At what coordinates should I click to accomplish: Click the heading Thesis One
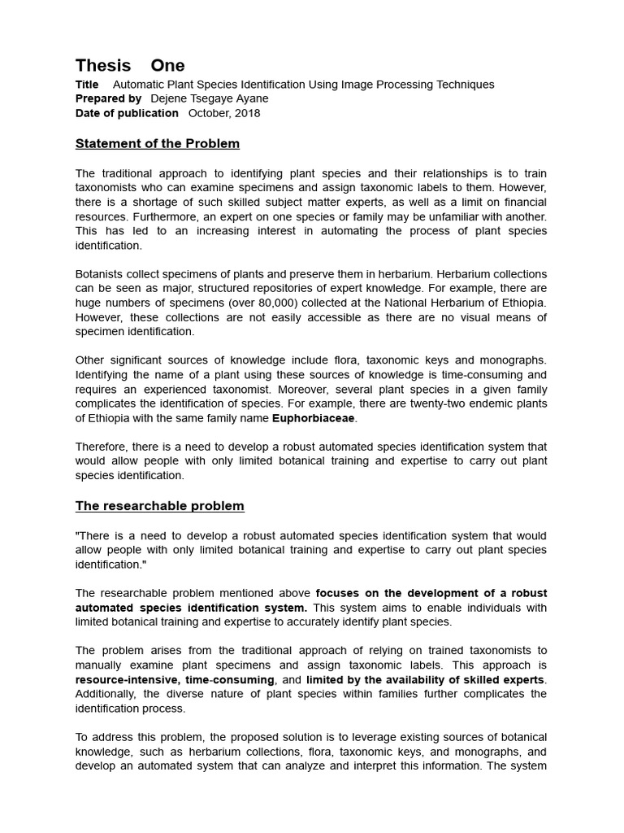tap(130, 66)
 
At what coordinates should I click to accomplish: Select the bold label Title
tap(87, 85)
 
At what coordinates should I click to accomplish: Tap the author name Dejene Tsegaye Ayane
tap(210, 98)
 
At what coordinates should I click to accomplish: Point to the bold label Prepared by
tap(108, 98)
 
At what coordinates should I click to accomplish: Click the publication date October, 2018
tap(224, 113)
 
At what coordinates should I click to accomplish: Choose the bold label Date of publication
tap(127, 113)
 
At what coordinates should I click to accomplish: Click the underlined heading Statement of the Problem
tap(158, 144)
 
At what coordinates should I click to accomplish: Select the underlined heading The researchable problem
tap(160, 506)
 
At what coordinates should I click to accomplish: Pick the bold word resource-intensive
tap(124, 679)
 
